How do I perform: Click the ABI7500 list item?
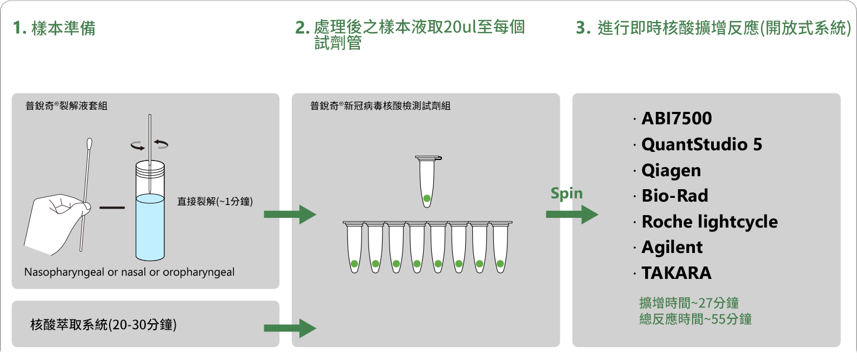676,118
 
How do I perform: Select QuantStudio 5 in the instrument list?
701,144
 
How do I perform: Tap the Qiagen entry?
671,170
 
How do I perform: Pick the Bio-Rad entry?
674,196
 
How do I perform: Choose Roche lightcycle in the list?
709,222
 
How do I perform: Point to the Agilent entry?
672,247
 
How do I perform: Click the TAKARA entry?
676,273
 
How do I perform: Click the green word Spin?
566,193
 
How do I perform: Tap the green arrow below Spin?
572,215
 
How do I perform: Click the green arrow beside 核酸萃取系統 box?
290,328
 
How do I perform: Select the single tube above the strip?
427,181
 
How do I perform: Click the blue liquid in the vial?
150,227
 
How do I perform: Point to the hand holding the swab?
54,222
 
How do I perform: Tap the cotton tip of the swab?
89,145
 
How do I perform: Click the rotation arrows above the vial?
150,144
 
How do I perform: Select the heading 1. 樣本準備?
55,28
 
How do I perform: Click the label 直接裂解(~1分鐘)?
215,202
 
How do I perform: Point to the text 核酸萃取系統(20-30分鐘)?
103,325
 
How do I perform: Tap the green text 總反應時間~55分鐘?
695,319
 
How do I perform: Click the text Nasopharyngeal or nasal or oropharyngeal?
129,272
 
